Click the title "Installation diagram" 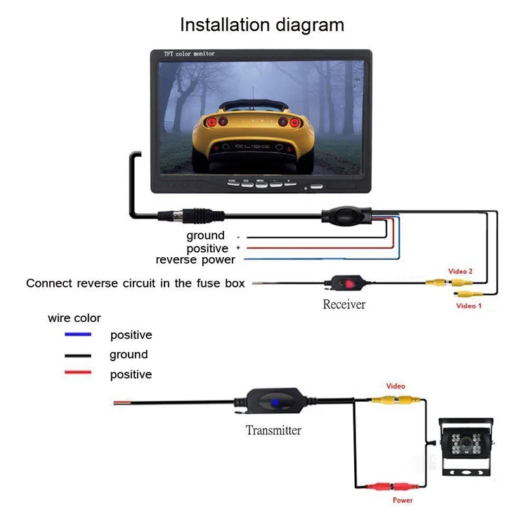pos(262,25)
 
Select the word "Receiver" pos(344,304)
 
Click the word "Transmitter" pos(273,431)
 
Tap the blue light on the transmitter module pos(274,405)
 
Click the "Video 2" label pos(460,271)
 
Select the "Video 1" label pos(469,306)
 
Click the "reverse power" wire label pos(195,261)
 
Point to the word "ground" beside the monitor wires pos(205,235)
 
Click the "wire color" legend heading pos(74,318)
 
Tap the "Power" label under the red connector pos(403,500)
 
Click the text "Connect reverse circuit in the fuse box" pos(136,283)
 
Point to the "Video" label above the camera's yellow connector pos(396,386)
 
